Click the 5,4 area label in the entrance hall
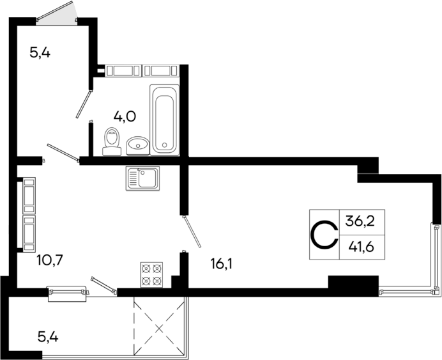[x=40, y=52]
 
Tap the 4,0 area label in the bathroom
[x=124, y=116]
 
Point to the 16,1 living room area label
[x=220, y=262]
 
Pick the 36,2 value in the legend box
[x=360, y=222]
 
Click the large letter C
[x=324, y=235]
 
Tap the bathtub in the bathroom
[x=164, y=119]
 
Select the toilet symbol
[x=112, y=141]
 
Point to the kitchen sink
[x=143, y=178]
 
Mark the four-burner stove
[x=151, y=274]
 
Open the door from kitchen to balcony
[x=103, y=285]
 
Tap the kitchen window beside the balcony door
[x=67, y=292]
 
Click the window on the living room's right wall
[x=436, y=256]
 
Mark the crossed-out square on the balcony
[x=158, y=326]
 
